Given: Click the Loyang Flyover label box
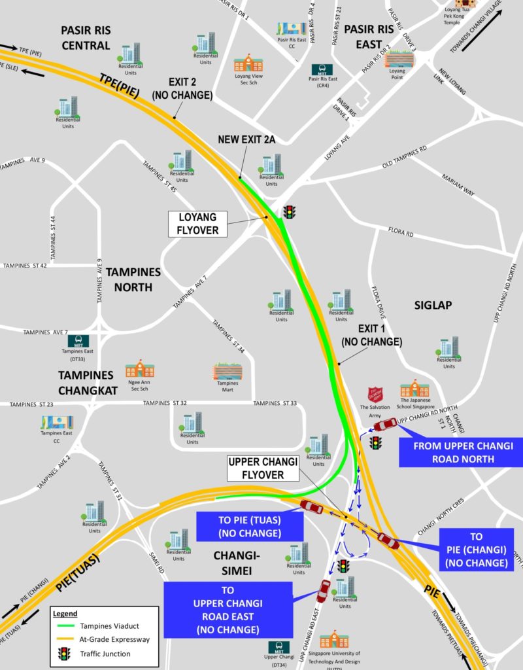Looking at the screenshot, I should pyautogui.click(x=197, y=224).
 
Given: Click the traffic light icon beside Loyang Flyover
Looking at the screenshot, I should pyautogui.click(x=289, y=212).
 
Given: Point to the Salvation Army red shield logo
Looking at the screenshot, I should pyautogui.click(x=375, y=395).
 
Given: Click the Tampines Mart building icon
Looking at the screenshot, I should pyautogui.click(x=227, y=372).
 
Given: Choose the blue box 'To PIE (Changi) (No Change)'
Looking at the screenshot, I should pyautogui.click(x=476, y=550).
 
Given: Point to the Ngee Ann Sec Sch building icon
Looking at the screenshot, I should pyautogui.click(x=139, y=368).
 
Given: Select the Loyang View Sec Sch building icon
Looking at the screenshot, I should pyautogui.click(x=248, y=63).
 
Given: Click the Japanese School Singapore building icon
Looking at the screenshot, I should pyautogui.click(x=414, y=389).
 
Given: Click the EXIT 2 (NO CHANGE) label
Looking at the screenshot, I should pyautogui.click(x=182, y=89).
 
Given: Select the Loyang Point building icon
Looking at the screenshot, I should pyautogui.click(x=398, y=60).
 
